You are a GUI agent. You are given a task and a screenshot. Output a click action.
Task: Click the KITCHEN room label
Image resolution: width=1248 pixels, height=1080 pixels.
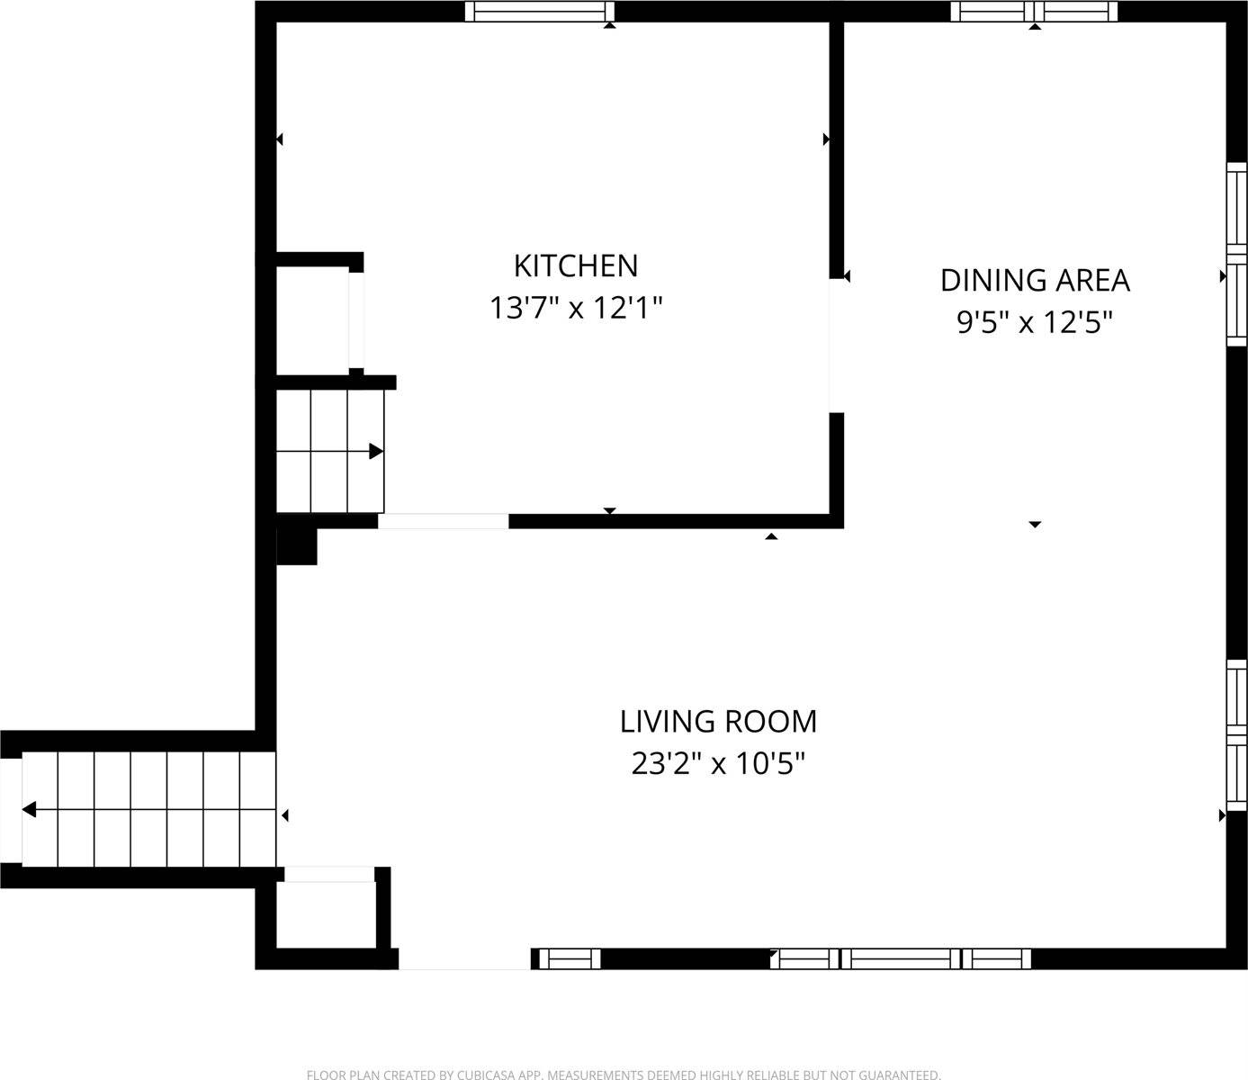coord(576,265)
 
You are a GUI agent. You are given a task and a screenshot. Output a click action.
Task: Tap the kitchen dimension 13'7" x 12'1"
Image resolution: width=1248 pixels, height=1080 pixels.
coord(576,308)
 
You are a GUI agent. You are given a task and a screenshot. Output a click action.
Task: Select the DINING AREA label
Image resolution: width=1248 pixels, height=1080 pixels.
coord(1035,280)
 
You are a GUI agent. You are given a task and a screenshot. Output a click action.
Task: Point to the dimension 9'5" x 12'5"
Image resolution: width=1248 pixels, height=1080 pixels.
coord(1035,321)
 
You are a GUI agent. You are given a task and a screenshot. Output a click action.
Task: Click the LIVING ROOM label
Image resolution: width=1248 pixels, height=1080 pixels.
coord(718,721)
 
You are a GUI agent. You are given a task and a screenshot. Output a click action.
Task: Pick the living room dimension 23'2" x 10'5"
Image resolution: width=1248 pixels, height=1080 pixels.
coord(718,763)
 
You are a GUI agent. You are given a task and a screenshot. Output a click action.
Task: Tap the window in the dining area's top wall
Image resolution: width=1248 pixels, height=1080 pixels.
coord(1035,11)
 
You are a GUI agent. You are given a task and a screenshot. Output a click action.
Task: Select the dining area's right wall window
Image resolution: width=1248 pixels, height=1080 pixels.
coord(1238,253)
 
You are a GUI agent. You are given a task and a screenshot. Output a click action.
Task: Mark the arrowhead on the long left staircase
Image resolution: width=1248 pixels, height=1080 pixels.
coord(29,810)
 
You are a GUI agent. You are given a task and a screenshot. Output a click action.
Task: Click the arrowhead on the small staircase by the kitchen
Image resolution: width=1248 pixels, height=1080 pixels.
coord(376,451)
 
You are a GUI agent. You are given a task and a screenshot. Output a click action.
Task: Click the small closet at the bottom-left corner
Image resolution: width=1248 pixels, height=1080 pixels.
coord(325,914)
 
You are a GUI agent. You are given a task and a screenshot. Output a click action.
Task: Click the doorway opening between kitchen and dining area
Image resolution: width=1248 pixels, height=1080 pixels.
coord(836,346)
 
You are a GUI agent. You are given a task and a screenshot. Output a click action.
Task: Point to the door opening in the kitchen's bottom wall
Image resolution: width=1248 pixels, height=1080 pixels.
coord(443,521)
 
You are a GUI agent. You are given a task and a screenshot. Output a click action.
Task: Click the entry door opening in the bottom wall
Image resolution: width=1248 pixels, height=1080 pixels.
coord(464,959)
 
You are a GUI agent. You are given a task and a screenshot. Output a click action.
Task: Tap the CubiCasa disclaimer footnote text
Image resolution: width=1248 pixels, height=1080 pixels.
coord(624,1074)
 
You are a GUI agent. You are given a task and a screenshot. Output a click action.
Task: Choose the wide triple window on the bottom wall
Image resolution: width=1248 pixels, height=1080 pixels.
coord(901,959)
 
